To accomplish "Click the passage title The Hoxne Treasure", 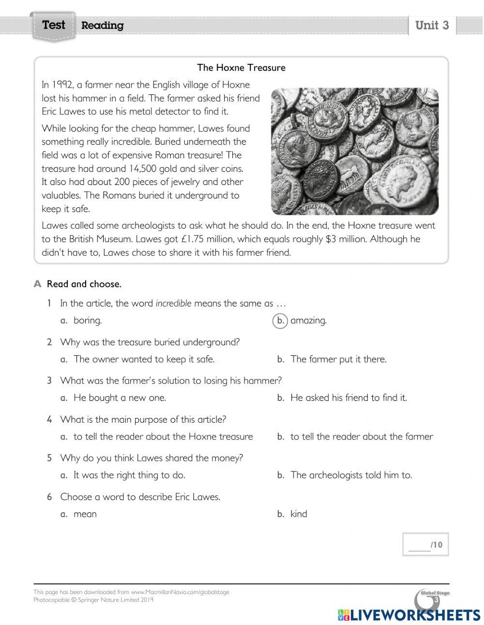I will coord(241,68).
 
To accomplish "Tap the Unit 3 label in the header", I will coord(432,25).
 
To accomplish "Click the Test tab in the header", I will coord(53,25).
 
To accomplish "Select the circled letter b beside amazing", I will coord(280,320).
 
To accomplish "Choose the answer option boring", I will coord(87,320).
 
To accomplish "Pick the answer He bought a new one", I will coord(120,398).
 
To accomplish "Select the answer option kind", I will coord(299,514).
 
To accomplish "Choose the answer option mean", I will coord(85,514).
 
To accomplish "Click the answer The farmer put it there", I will coord(338,359).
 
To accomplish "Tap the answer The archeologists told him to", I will coord(351,475).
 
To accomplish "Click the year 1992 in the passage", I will coord(62,85).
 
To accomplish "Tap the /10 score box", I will coord(425,545).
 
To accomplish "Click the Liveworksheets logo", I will coord(409,615).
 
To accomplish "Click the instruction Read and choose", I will coord(84,284).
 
